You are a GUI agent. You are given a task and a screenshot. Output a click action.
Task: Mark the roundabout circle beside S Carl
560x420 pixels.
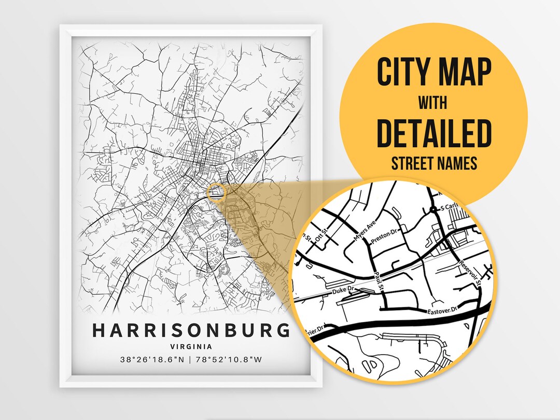tap(433, 209)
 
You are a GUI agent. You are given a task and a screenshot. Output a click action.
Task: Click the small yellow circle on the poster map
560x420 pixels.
tap(215, 192)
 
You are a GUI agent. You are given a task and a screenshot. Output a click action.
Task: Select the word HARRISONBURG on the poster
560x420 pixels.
tap(191, 330)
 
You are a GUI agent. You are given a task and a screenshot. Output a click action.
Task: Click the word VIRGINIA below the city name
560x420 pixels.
tap(191, 346)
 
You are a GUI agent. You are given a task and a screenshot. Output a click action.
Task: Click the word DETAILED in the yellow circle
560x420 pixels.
tap(433, 133)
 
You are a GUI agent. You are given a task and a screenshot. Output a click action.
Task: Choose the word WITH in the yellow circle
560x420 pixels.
tap(433, 102)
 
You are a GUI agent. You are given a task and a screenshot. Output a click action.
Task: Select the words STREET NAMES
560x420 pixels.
tap(433, 164)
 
